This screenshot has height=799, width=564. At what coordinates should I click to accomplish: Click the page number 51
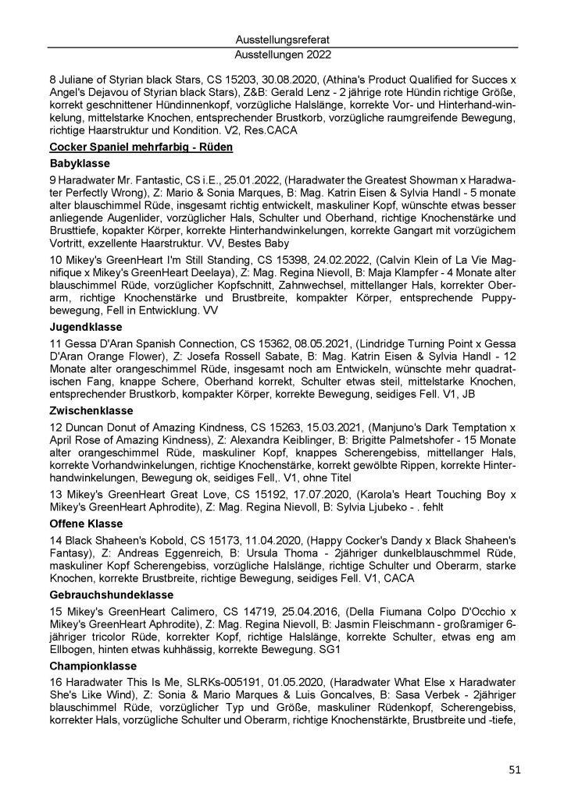(514, 769)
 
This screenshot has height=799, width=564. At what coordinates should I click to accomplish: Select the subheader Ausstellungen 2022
(281, 55)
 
